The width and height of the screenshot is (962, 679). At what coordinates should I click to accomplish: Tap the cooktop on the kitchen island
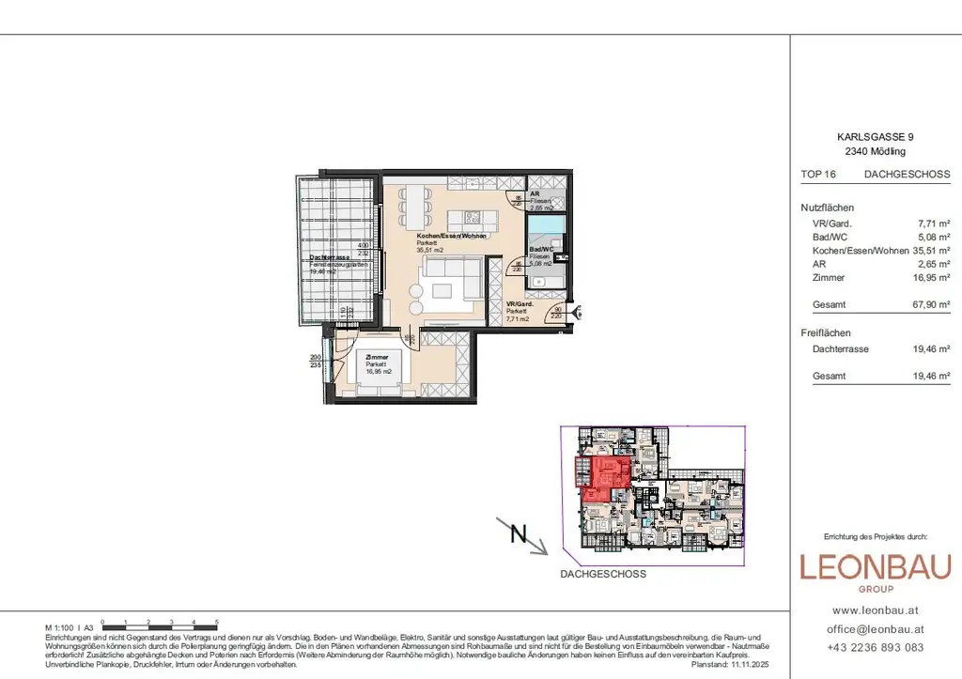tap(473, 219)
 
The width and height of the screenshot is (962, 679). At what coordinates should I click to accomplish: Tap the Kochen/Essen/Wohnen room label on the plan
tap(452, 236)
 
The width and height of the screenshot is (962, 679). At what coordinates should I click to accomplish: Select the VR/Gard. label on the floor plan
tap(520, 305)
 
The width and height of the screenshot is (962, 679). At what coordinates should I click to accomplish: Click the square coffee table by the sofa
tap(442, 291)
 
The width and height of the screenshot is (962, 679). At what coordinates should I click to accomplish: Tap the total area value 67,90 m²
tap(932, 305)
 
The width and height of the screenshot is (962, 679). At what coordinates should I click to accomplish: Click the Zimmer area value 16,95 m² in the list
tap(932, 278)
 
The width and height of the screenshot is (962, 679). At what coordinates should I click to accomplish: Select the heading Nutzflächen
tap(828, 208)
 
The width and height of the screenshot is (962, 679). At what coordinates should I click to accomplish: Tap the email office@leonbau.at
tap(876, 629)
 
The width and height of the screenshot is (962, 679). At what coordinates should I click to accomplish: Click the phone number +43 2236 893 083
tap(876, 647)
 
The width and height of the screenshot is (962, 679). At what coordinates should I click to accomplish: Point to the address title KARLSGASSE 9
tap(875, 137)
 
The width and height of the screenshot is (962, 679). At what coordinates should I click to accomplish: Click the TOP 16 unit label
tap(818, 174)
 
